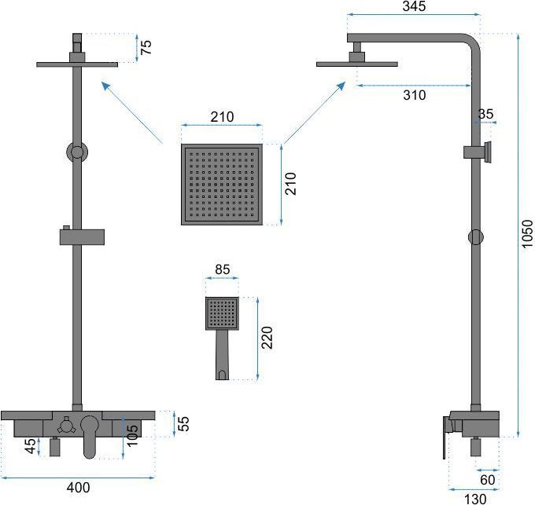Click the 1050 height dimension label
[527, 233]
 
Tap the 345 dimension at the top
[414, 6]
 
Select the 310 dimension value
[414, 95]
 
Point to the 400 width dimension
[79, 487]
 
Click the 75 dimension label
[146, 47]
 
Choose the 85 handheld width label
[223, 269]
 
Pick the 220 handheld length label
[267, 338]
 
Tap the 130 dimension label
[475, 500]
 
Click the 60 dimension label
[487, 480]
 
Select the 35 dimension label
[485, 114]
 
